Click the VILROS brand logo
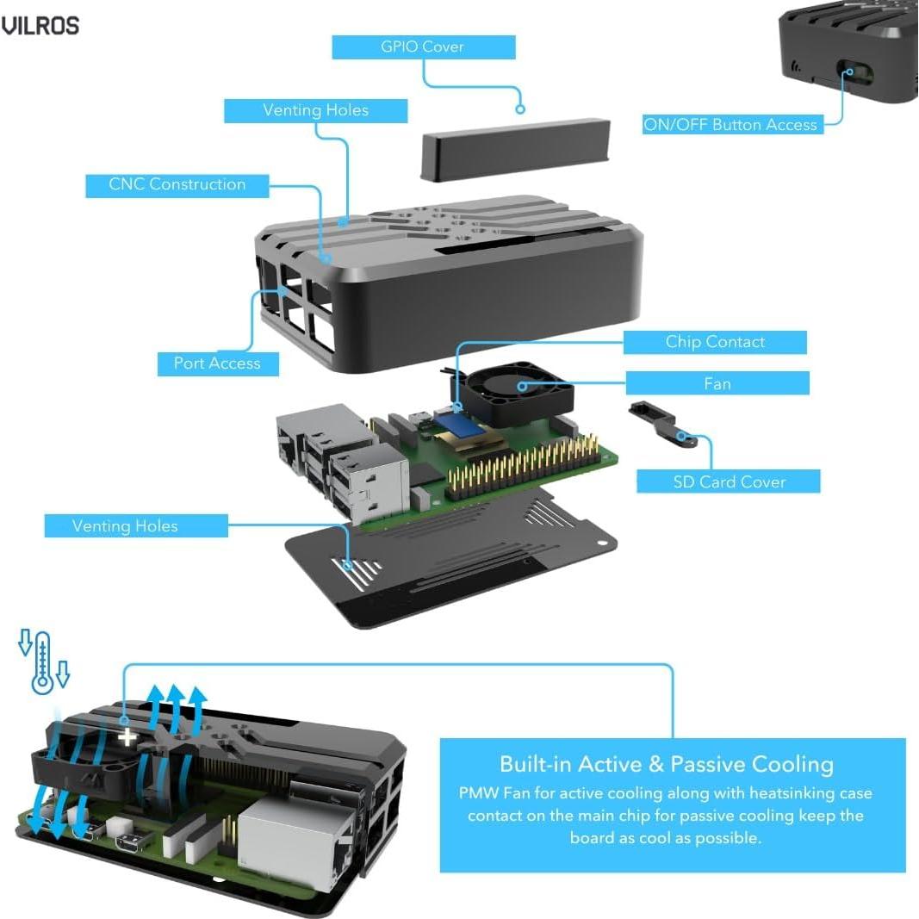tap(40, 26)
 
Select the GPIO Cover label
tap(423, 47)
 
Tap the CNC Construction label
tap(177, 185)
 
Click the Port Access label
tap(217, 363)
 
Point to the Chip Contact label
tap(715, 342)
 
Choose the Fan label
tap(717, 383)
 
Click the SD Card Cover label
tap(729, 481)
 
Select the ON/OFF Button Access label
tap(730, 125)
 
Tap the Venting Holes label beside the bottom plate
tap(125, 526)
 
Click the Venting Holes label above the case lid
tap(315, 111)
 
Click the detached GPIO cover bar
tap(516, 150)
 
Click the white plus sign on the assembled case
tap(127, 736)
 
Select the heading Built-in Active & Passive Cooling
tap(667, 764)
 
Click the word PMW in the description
tap(477, 793)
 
